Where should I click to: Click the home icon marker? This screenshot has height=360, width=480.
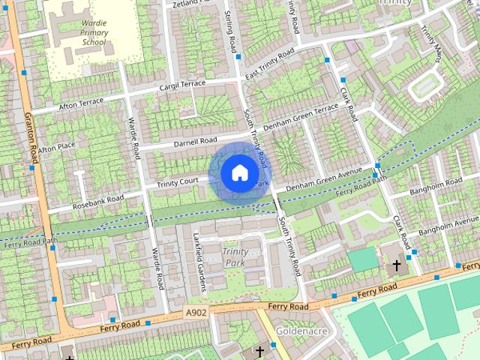coord(238,172)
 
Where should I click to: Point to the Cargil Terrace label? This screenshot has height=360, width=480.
coord(181,86)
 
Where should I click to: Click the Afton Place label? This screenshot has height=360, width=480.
coord(58,146)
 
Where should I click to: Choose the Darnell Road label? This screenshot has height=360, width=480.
coord(195,142)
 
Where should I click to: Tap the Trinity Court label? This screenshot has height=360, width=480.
coord(177,182)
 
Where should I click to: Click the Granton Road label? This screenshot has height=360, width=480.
coord(32,139)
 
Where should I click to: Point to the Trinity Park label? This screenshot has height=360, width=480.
coord(237,256)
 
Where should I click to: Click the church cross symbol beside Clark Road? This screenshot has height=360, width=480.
coord(397,265)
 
